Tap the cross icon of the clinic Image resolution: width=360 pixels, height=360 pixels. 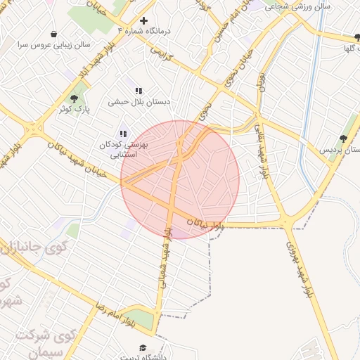pyautogui.click(x=144, y=20)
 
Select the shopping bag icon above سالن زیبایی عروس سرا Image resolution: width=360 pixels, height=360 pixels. pyautogui.click(x=54, y=34)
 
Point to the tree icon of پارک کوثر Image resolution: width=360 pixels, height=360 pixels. pyautogui.click(x=74, y=98)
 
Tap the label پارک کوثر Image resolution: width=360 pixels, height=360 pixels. pyautogui.click(x=74, y=109)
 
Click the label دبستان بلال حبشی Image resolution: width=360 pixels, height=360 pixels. pyautogui.click(x=139, y=102)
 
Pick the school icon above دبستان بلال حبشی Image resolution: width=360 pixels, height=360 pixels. pyautogui.click(x=139, y=91)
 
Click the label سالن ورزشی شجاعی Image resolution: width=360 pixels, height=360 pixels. pyautogui.click(x=289, y=6)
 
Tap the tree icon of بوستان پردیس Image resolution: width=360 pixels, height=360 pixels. pyautogui.click(x=343, y=139)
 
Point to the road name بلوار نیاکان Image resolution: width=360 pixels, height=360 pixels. pyautogui.click(x=206, y=224)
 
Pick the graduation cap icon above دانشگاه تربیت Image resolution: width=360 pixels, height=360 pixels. pyautogui.click(x=143, y=348)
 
